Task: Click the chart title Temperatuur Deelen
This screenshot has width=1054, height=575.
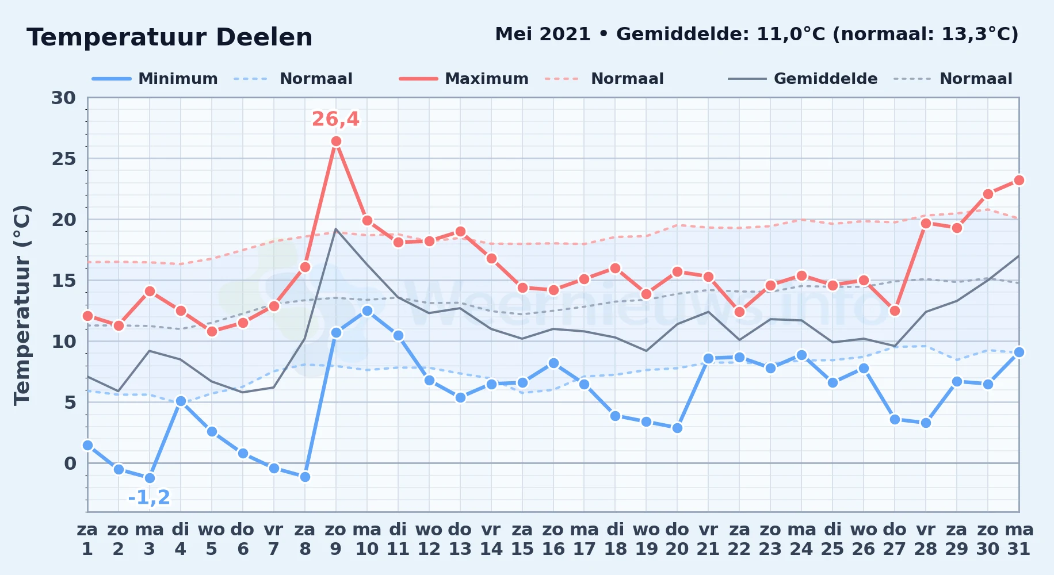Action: tap(169, 37)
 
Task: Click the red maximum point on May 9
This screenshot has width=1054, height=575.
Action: tap(336, 141)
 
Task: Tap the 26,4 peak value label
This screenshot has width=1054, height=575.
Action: tap(335, 119)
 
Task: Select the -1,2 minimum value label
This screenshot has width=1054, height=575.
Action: tap(149, 497)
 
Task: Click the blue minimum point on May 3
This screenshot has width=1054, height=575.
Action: tap(150, 478)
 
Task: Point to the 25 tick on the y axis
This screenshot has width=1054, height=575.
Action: tap(63, 159)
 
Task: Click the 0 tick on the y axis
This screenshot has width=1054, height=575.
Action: tap(70, 463)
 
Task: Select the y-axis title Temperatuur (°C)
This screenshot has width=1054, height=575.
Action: tap(22, 305)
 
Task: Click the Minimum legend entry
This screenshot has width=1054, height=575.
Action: tap(155, 79)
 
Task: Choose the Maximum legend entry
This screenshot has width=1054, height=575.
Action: tap(464, 79)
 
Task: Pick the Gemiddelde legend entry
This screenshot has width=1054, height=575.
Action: tap(803, 79)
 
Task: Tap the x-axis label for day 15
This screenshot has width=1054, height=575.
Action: tap(522, 539)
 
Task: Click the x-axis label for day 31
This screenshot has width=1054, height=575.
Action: tap(1019, 539)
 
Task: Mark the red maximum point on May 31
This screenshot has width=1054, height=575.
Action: tap(1019, 181)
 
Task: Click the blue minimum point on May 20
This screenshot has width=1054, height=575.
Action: tap(677, 428)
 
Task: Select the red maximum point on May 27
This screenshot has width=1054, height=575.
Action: tap(895, 310)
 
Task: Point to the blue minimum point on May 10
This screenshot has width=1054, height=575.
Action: tap(367, 310)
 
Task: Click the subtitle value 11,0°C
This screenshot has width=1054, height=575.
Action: tap(791, 34)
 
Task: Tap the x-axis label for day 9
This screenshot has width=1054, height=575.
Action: tap(336, 539)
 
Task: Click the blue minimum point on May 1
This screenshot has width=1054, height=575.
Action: tap(87, 445)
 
